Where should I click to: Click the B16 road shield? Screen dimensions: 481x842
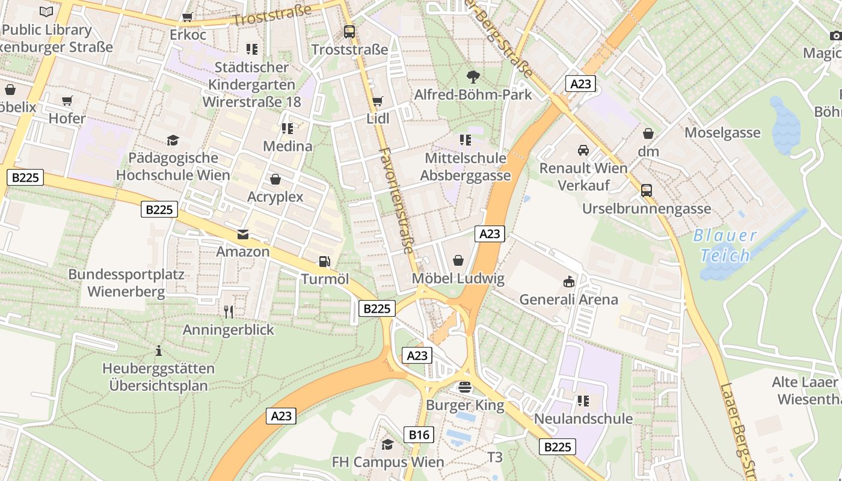click(419, 435)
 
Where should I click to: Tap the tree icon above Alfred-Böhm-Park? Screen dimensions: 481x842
click(473, 76)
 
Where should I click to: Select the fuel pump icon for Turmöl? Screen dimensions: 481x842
click(324, 262)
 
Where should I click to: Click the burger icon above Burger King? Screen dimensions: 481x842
click(464, 387)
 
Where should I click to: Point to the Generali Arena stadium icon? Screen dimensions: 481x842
click(568, 281)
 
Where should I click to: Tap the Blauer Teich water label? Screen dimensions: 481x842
click(725, 245)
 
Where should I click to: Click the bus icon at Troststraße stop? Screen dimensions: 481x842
click(349, 31)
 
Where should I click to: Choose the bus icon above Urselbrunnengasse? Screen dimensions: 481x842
click(647, 191)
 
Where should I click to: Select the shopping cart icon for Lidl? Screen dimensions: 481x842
click(378, 101)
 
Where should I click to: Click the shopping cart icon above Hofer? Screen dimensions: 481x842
click(67, 100)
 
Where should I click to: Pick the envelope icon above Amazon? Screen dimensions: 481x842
click(243, 234)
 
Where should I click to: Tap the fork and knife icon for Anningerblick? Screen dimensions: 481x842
click(228, 311)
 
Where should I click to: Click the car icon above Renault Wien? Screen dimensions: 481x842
click(583, 150)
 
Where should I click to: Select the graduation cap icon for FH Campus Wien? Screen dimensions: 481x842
click(388, 444)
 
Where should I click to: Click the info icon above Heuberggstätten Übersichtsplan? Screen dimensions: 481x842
click(159, 350)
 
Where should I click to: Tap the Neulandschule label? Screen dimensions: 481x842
click(583, 418)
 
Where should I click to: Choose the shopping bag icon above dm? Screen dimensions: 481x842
click(648, 133)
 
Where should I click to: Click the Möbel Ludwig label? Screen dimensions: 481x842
click(458, 278)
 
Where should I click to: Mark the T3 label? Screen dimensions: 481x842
click(494, 457)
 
